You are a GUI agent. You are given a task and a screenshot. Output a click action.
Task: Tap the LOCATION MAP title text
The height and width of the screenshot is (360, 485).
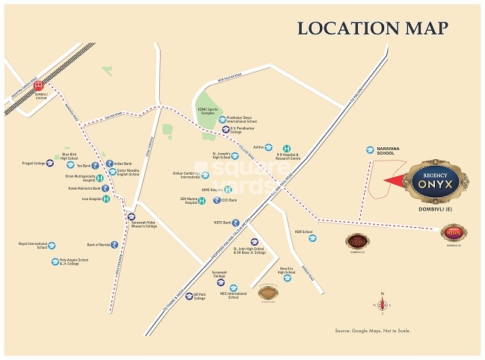point(373,29)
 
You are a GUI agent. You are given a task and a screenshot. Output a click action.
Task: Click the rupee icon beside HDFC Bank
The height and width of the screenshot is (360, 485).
point(236,222)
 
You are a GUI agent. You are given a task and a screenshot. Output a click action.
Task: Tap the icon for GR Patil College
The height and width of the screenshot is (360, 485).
point(189,296)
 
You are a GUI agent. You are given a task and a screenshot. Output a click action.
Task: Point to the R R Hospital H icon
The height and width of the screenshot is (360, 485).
point(285,148)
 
